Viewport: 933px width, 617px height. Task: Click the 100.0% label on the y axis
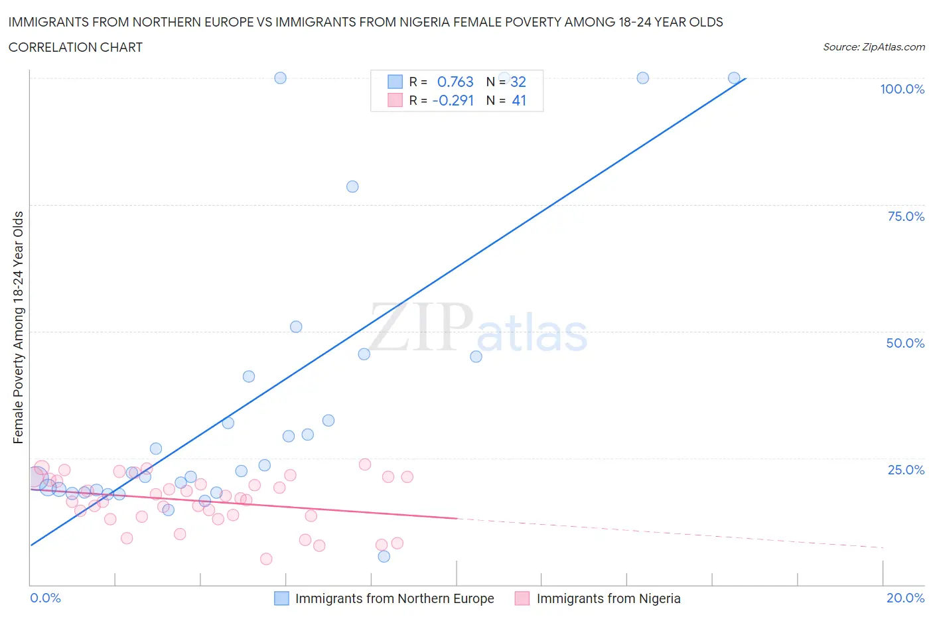pos(902,89)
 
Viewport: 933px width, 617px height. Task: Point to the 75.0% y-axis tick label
pos(906,216)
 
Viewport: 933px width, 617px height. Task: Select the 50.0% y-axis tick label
pos(905,343)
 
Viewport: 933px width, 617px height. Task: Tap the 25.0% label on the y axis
pos(906,470)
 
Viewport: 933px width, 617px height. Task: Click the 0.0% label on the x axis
pos(46,598)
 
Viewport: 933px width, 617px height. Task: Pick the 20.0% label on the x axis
pos(905,598)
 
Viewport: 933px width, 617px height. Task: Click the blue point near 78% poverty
pos(352,186)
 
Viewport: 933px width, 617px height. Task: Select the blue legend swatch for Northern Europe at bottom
pos(282,598)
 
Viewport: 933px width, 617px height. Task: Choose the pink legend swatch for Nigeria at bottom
pos(522,598)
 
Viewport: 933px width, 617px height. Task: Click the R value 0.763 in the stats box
pos(455,82)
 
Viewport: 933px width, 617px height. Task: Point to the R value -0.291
pos(453,100)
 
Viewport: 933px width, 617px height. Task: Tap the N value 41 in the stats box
pos(519,100)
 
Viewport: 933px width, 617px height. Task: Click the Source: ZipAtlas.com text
pos(873,47)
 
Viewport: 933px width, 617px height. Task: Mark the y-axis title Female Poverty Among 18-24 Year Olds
pos(19,327)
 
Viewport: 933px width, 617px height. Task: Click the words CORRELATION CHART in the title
pos(76,47)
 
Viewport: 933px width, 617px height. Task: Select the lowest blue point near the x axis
pos(384,556)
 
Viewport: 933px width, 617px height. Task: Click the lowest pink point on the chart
pos(266,559)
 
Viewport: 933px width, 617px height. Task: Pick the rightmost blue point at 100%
pos(734,78)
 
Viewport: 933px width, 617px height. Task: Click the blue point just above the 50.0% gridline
pos(296,326)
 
